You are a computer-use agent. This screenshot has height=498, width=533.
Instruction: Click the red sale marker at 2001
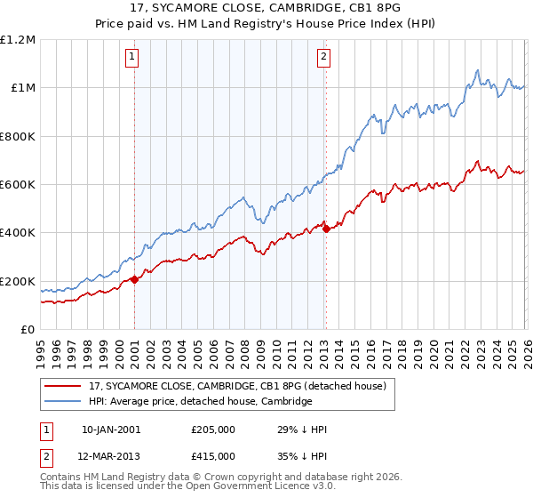coord(134,280)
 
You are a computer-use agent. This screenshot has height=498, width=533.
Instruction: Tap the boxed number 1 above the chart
coord(132,57)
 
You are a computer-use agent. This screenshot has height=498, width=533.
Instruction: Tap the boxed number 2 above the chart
coord(322,57)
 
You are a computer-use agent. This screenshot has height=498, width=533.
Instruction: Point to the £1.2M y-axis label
coord(18,40)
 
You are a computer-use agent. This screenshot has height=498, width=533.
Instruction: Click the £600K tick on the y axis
coord(18,185)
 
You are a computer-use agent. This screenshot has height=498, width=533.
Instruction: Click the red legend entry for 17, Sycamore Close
coord(237,387)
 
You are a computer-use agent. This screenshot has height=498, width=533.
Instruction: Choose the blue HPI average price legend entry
coord(200,402)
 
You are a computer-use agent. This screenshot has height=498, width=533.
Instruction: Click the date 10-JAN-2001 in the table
coord(111,430)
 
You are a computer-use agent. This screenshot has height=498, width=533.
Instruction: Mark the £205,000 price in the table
coord(213,430)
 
